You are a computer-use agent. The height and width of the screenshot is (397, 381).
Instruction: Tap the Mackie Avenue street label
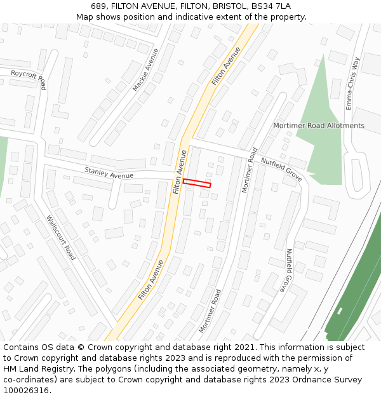coord(145,69)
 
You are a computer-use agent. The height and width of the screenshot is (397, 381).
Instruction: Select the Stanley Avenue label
coord(109,172)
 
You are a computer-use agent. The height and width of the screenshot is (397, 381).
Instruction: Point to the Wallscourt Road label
coord(61,238)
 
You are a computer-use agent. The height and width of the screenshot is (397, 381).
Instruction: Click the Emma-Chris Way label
coord(352,83)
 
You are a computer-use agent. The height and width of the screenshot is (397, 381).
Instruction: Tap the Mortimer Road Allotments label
coord(319,125)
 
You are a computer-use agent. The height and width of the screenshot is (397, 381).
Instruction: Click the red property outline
coord(197,184)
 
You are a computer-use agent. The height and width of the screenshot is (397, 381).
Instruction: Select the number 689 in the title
coord(98,6)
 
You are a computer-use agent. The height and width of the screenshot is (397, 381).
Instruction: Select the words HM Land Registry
coord(35,369)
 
